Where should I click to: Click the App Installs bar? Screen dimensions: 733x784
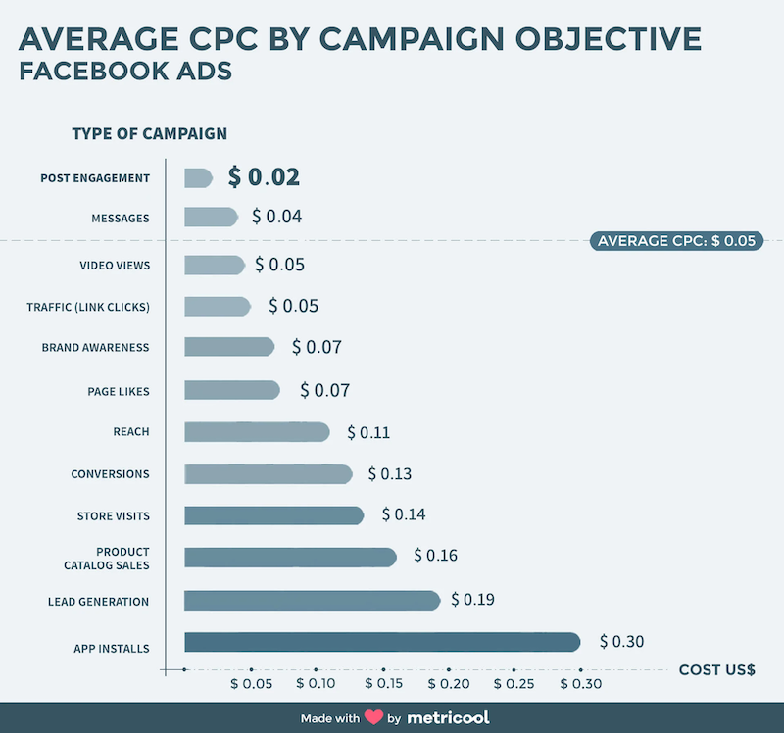pos(382,642)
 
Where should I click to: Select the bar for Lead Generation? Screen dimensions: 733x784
pos(312,601)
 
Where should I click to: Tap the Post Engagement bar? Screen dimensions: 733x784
pos(198,177)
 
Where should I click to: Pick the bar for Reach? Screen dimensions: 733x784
pos(257,432)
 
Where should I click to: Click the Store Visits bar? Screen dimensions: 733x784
pos(273,515)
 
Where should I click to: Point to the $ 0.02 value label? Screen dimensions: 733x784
pos(264,177)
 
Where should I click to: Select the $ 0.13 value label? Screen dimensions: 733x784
pos(389,474)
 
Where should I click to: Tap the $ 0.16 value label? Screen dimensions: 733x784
pos(435,556)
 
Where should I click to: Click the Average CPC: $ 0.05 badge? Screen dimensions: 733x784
pos(676,240)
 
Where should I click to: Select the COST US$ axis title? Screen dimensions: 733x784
pos(716,670)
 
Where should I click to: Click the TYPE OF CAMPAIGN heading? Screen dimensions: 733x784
pos(149,133)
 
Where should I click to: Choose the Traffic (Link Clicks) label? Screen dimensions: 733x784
pos(88,307)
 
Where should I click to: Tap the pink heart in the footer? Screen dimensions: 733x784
pos(373,717)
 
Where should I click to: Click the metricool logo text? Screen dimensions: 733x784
pos(447,717)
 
